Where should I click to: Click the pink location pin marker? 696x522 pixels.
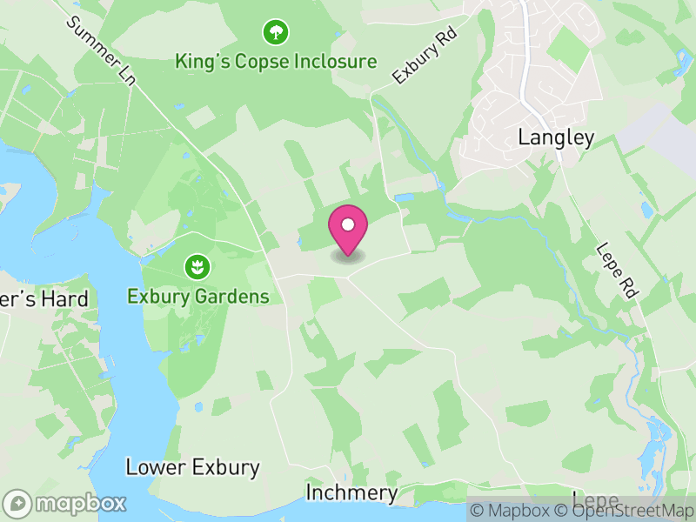(x=348, y=231)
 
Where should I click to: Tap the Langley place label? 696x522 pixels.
(x=556, y=137)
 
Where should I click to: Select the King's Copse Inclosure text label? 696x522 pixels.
(x=276, y=62)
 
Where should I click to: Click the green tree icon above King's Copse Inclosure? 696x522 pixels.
(x=276, y=33)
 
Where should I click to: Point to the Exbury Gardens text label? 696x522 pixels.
(x=198, y=296)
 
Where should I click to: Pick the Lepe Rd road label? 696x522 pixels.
(x=617, y=270)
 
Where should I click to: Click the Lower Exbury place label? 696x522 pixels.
(x=192, y=467)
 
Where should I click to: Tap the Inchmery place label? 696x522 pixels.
(x=351, y=493)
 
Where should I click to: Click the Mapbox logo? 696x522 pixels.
(x=65, y=504)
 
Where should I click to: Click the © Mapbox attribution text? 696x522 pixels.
(x=514, y=511)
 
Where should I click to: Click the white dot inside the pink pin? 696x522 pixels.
(x=348, y=224)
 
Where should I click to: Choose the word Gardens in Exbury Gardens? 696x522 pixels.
(x=233, y=296)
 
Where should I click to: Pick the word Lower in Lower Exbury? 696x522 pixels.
(x=154, y=467)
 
